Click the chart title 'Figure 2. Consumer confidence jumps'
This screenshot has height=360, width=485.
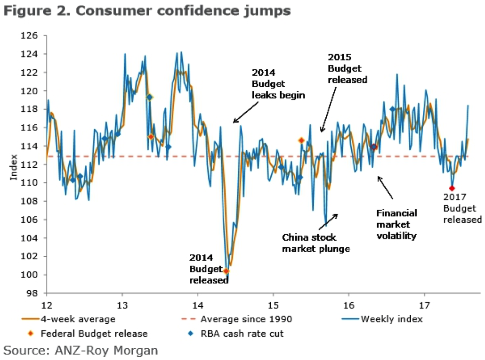(x=146, y=10)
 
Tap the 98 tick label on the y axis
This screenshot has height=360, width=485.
(x=38, y=293)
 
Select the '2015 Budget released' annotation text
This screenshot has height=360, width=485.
(x=347, y=68)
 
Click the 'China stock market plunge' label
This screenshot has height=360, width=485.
(x=316, y=243)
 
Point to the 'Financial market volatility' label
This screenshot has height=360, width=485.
(x=396, y=224)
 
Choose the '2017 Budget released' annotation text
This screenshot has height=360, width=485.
(x=462, y=208)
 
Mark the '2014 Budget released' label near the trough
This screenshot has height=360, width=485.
(x=209, y=269)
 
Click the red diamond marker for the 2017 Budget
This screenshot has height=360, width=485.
(x=452, y=188)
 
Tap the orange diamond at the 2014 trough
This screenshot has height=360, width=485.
(x=226, y=271)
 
